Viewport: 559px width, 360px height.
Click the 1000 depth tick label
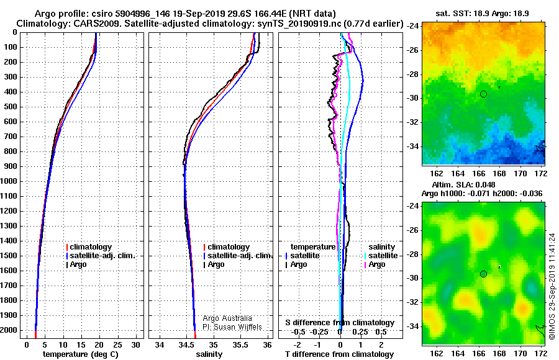[9, 181]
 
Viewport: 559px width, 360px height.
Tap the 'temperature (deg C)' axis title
[81, 354]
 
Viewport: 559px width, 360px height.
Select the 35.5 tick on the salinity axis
[240, 345]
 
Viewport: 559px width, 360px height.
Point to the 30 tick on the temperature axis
[135, 345]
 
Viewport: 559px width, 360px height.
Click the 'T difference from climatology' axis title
[339, 354]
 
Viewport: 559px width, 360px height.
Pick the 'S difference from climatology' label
[340, 323]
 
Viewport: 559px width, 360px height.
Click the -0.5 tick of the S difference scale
[298, 332]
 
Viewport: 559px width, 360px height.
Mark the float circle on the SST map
[483, 94]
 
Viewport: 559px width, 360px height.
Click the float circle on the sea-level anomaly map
[483, 274]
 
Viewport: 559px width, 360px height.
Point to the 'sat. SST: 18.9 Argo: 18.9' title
[482, 14]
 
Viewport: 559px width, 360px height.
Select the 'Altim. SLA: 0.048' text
[463, 185]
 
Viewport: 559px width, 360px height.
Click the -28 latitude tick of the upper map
[413, 74]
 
